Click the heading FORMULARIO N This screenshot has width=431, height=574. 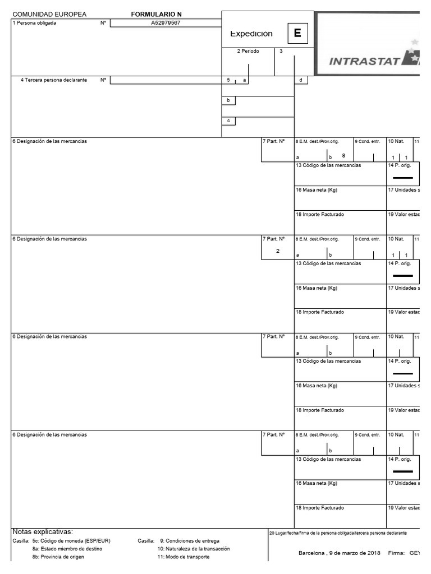156,14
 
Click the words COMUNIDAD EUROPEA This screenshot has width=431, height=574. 49,14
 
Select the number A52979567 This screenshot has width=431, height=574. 166,23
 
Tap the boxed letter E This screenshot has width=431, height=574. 297,33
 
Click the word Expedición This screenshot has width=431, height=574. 251,34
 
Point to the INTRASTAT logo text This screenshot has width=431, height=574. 364,61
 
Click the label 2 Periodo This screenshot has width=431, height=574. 247,51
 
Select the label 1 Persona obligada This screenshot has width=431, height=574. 34,23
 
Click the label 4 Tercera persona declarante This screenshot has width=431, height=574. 54,80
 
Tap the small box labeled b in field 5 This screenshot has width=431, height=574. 228,100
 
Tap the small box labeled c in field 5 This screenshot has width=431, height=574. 228,121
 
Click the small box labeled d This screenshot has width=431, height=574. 301,80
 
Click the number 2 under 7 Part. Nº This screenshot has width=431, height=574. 277,251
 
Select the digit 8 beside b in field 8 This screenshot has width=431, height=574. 343,155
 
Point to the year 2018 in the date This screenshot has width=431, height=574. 373,553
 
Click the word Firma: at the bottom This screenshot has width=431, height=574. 396,553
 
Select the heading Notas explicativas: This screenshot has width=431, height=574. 43,531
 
